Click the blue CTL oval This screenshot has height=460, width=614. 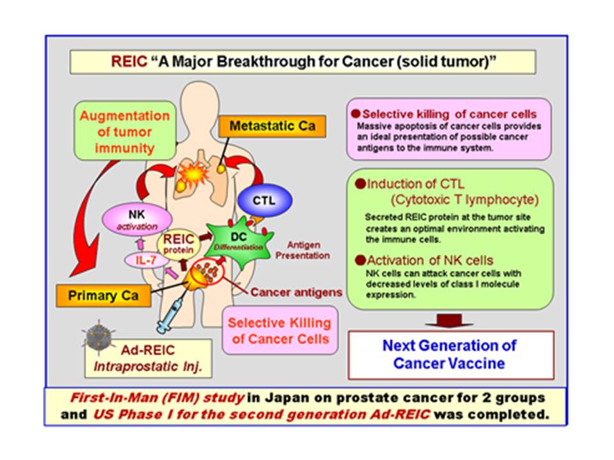click(265, 200)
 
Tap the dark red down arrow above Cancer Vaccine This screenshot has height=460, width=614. click(449, 321)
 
